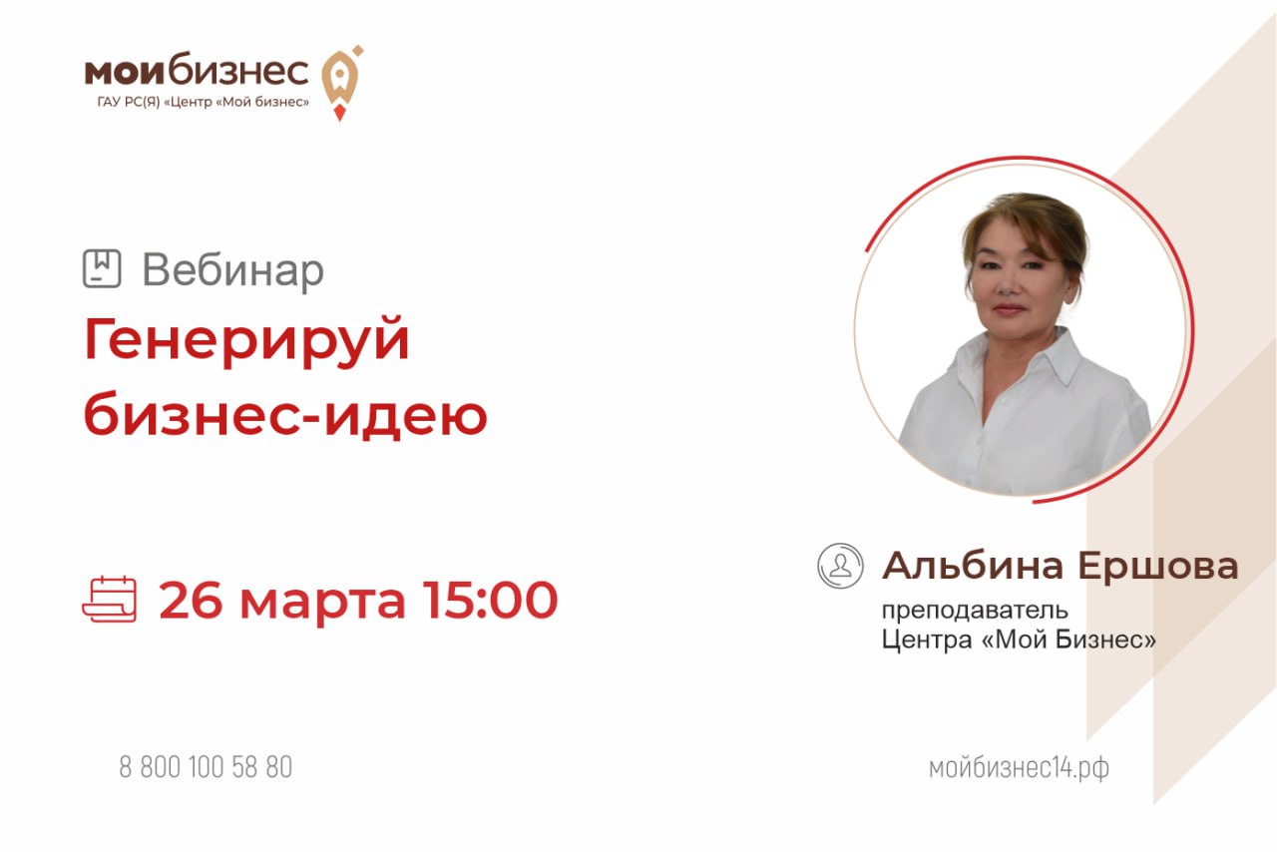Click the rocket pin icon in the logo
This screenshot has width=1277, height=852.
[x=340, y=83]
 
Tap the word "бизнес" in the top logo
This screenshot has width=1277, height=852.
[x=238, y=70]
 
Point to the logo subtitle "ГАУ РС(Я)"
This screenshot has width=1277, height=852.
[x=129, y=103]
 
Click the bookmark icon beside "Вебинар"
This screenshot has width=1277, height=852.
[x=102, y=268]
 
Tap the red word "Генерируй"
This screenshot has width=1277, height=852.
[x=246, y=340]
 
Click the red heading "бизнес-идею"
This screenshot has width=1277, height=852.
[x=285, y=415]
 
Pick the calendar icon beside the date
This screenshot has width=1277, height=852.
[x=110, y=599]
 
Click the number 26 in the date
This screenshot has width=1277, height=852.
[x=191, y=600]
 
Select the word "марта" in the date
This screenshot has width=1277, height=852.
[x=322, y=604]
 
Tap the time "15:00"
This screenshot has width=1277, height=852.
[x=490, y=600]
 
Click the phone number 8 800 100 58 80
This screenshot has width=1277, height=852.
[x=206, y=767]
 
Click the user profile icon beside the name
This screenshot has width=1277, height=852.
[x=840, y=566]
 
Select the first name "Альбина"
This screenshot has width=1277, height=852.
[x=973, y=567]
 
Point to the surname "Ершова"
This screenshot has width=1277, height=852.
[x=1158, y=567]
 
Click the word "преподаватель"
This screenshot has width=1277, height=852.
[x=975, y=612]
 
